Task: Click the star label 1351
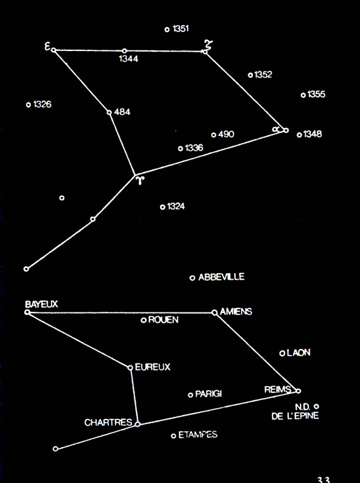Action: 181,29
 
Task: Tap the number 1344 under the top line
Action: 129,59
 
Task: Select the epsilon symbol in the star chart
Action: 48,46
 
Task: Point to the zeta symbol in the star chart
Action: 209,44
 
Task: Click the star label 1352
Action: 263,75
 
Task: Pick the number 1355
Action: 316,94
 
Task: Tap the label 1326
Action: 42,105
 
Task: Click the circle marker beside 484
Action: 109,112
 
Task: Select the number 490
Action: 226,134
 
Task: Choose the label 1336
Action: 194,148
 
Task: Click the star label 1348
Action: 312,134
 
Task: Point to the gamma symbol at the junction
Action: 140,180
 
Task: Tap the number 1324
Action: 176,207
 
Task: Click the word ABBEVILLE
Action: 221,277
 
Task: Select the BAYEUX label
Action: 41,305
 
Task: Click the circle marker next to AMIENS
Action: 215,312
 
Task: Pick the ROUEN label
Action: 163,320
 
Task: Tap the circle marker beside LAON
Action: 282,354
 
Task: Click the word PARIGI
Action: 208,394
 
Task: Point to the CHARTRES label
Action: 108,422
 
